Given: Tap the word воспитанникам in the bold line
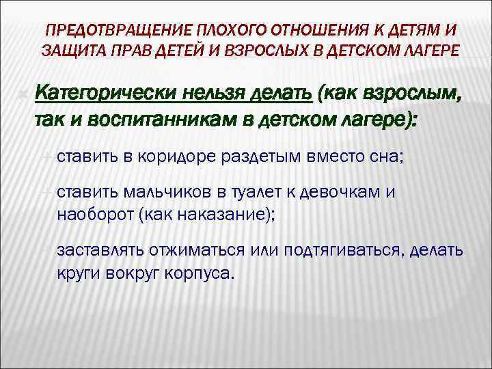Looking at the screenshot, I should coord(152,121).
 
